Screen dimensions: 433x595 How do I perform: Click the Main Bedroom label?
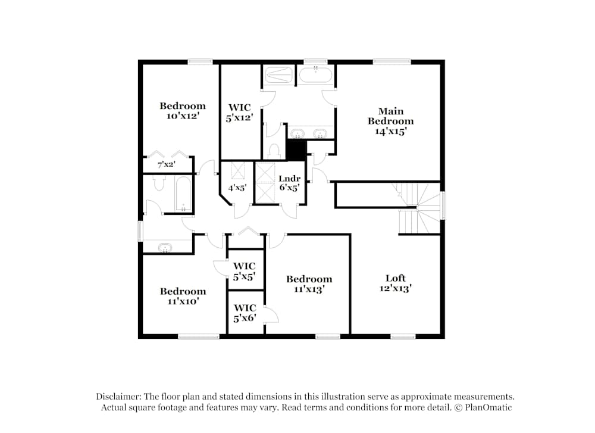390,121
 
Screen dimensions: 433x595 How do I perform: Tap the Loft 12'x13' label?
395,282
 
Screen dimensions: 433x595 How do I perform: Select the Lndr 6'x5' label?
289,183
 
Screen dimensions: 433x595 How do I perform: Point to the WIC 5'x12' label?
239,113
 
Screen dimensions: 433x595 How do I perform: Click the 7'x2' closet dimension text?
166,164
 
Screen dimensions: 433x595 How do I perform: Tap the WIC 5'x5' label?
245,270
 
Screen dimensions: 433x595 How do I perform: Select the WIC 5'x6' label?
245,313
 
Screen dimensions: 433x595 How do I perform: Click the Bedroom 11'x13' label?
309,284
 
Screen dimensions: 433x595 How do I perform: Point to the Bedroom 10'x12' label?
182,111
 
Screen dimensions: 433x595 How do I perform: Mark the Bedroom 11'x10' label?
183,296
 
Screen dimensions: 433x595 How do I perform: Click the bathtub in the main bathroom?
315,76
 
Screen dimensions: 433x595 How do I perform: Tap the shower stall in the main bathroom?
278,76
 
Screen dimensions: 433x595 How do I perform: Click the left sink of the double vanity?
296,132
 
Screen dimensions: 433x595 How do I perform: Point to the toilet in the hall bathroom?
159,183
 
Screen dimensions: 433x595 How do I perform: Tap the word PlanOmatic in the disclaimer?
489,407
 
